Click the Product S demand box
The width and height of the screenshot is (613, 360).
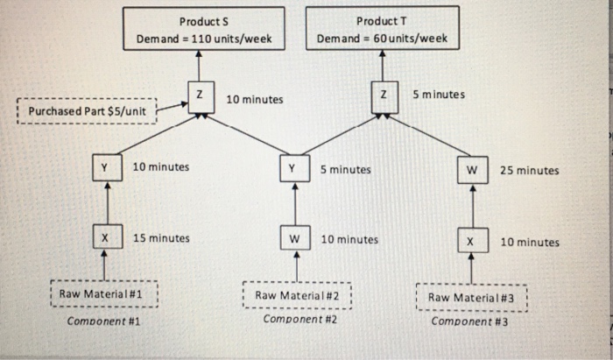tap(204, 30)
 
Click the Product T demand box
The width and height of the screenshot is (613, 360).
tap(382, 29)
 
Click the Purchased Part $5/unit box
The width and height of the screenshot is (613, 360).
tap(88, 112)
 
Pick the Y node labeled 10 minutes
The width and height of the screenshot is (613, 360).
tap(105, 166)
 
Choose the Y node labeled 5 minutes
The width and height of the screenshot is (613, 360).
tap(294, 168)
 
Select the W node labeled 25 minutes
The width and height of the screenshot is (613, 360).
tap(471, 169)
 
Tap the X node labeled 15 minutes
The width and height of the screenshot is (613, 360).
tap(105, 236)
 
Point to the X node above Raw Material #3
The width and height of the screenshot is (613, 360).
tap(471, 239)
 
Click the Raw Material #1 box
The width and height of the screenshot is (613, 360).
tap(102, 294)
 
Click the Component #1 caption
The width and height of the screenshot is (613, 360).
tap(104, 321)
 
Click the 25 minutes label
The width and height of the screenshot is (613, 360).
tap(529, 171)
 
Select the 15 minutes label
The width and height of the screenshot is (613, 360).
tap(161, 237)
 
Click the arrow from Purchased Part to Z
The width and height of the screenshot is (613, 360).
tap(173, 106)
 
